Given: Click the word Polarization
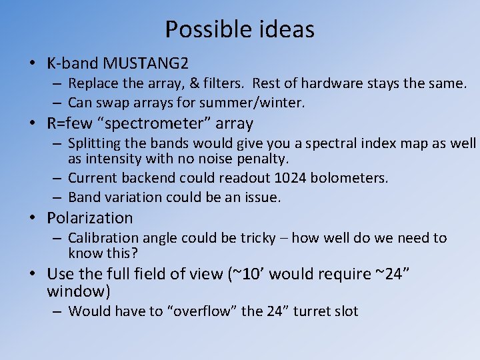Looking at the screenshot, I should pos(90,218).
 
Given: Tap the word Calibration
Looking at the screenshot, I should pos(101,238).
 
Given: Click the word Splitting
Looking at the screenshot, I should pos(93,143).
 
